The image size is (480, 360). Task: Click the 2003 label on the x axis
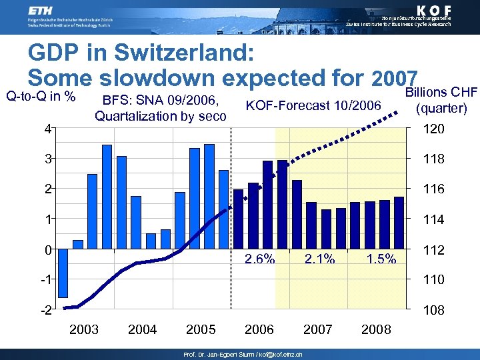[84, 329]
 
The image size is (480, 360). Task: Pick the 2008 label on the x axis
[377, 329]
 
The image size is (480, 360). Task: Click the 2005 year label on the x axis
[201, 329]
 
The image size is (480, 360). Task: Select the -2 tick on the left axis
[46, 310]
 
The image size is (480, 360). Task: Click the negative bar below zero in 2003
[63, 273]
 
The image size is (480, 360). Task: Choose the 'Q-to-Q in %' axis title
[40, 96]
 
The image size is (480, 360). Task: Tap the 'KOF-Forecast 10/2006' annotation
[313, 105]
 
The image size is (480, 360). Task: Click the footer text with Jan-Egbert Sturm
[243, 355]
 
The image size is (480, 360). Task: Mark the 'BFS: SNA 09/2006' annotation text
[161, 101]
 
